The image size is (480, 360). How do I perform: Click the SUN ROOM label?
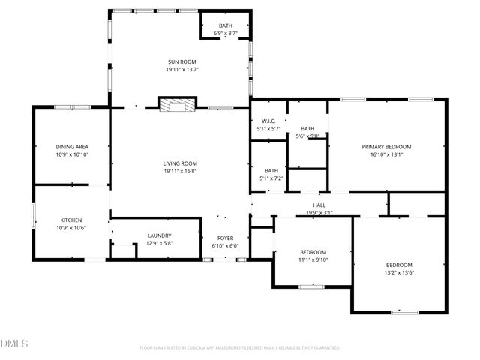(x=181, y=61)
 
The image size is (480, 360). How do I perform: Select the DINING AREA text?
(x=72, y=147)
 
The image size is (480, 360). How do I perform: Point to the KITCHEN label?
(x=72, y=220)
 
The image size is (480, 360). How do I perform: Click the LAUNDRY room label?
(x=158, y=235)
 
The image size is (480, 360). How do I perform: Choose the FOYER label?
(x=225, y=238)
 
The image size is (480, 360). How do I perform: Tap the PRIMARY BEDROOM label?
(x=387, y=147)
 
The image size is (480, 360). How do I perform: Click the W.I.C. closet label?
(x=268, y=121)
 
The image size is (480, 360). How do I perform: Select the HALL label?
(x=319, y=205)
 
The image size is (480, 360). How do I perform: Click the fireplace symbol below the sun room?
(x=177, y=106)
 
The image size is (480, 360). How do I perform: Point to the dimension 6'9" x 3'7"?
(x=226, y=34)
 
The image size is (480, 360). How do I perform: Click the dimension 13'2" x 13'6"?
(x=399, y=273)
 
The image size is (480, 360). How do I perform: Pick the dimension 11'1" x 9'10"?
(x=313, y=259)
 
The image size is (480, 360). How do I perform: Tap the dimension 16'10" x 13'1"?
(x=387, y=155)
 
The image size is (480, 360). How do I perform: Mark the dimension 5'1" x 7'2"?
(x=271, y=178)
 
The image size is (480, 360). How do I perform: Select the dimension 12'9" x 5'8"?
(x=158, y=243)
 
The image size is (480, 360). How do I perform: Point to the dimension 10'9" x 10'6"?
(x=72, y=228)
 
